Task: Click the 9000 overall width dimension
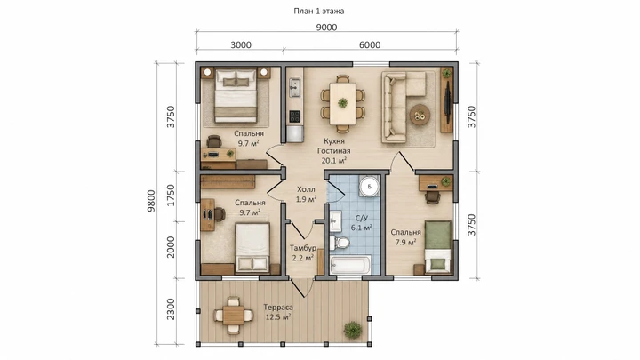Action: click(326, 28)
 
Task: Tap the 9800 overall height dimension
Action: click(151, 200)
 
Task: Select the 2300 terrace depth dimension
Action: click(171, 309)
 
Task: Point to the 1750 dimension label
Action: click(171, 195)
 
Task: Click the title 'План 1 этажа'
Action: click(319, 11)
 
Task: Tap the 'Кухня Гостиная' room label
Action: click(334, 146)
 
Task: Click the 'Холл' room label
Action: click(306, 189)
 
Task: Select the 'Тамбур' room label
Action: click(303, 248)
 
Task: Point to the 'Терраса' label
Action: click(278, 308)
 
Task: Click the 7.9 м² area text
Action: click(405, 242)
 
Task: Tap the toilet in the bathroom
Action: click(340, 243)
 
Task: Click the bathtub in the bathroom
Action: click(350, 265)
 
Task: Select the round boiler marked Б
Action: click(370, 187)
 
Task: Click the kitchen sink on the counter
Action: click(294, 85)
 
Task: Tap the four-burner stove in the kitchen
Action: click(294, 116)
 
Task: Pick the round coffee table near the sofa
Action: click(420, 115)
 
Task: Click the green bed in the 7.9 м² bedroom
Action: click(437, 247)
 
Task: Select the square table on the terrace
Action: click(234, 316)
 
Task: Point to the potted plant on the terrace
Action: click(352, 329)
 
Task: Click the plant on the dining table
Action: click(342, 102)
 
